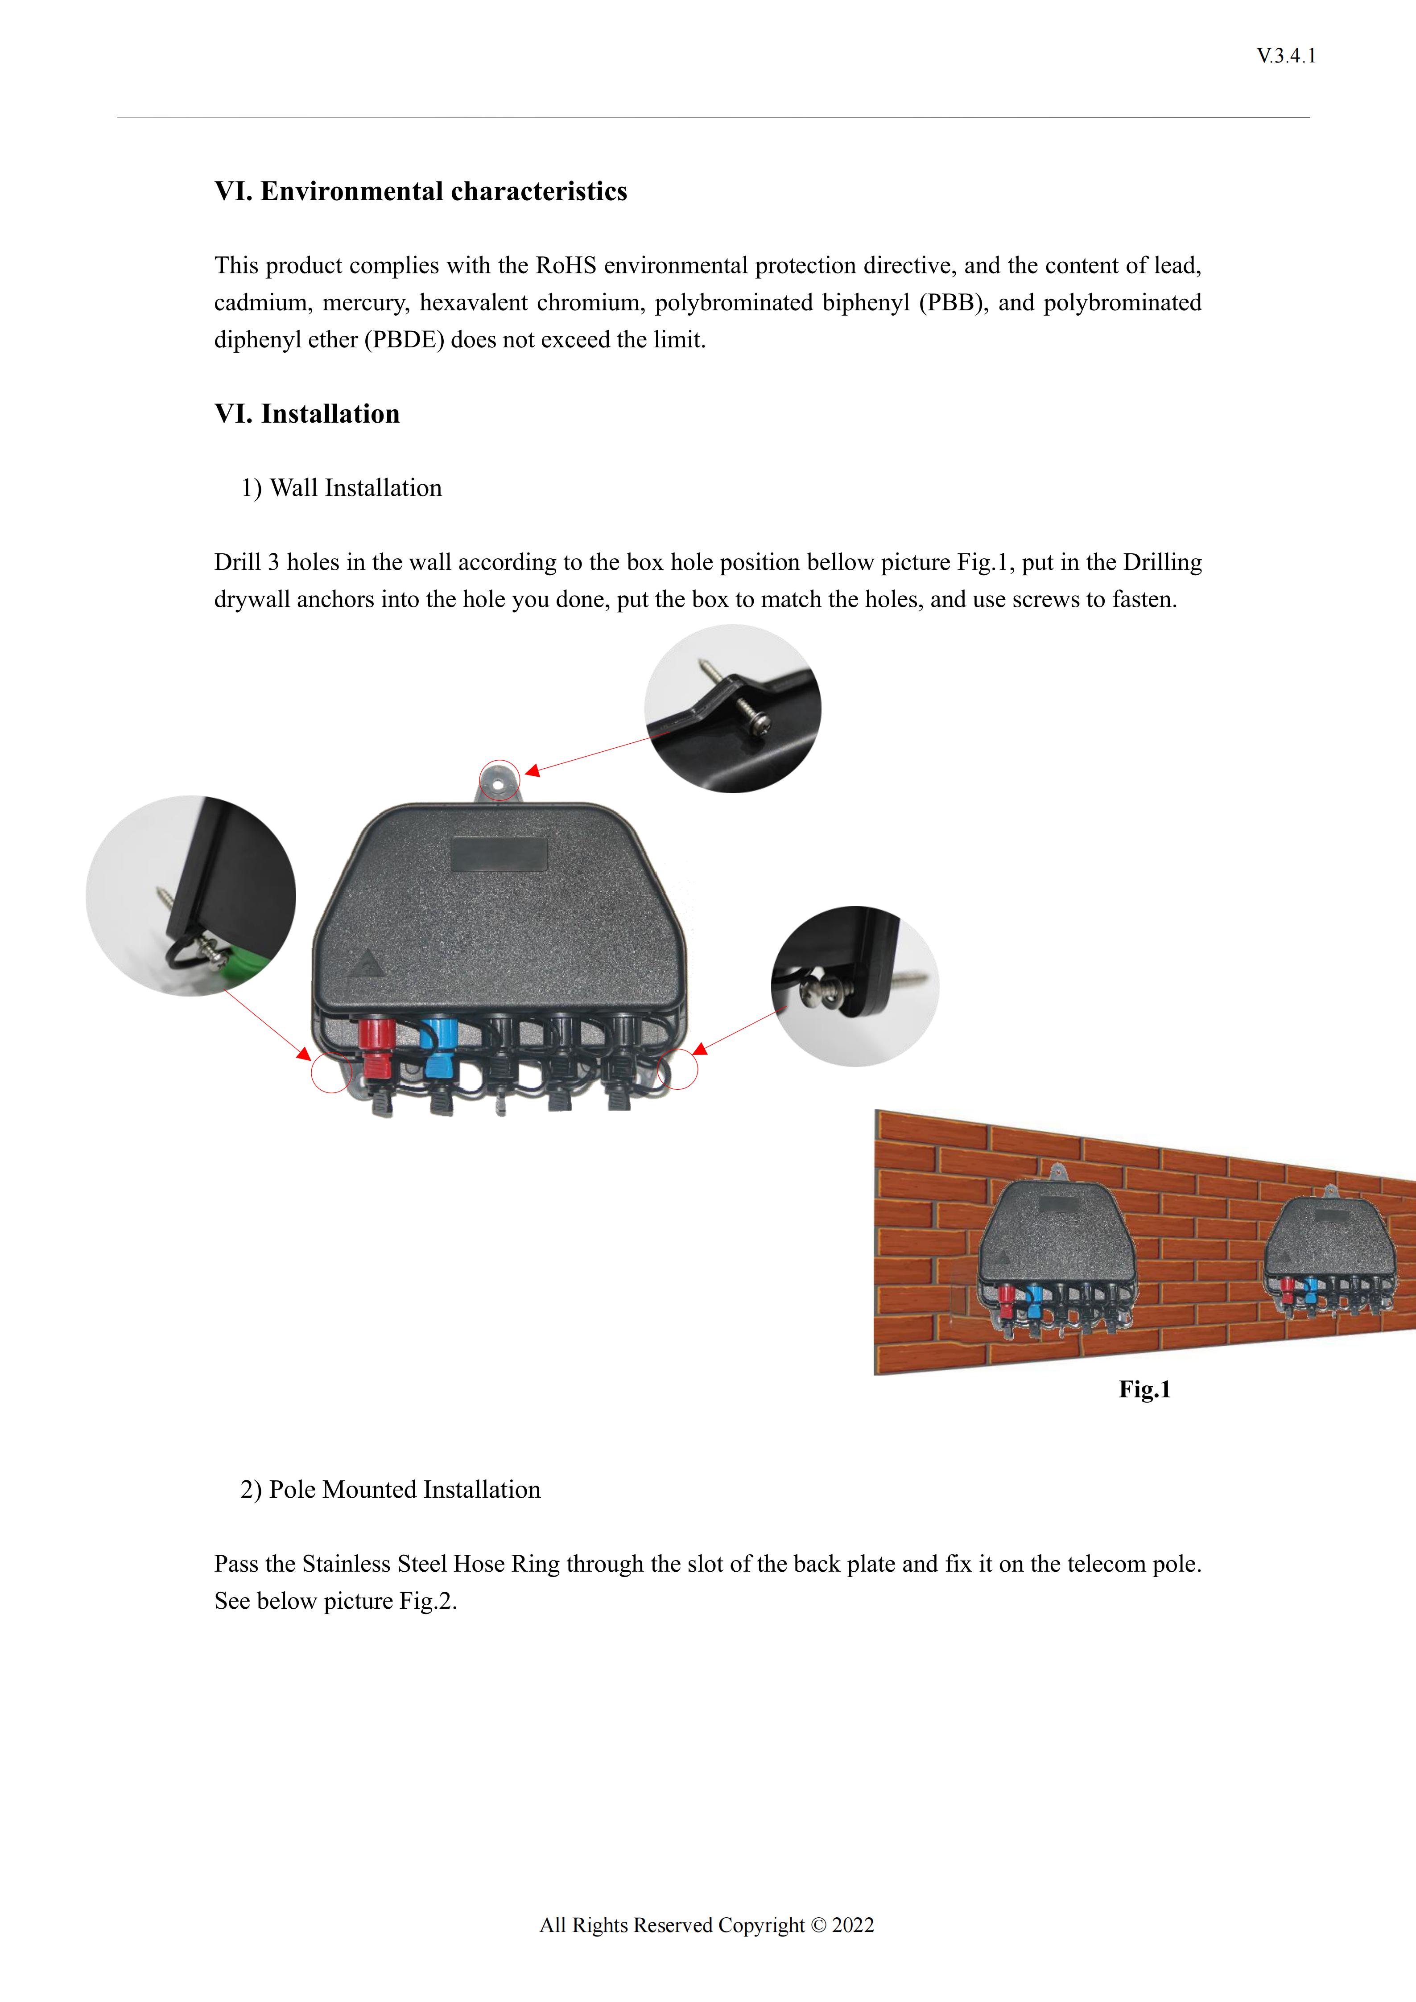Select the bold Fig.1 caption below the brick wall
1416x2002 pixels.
point(1144,1389)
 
